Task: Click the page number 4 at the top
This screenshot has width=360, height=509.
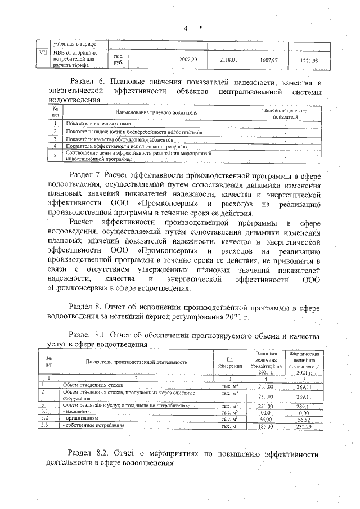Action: pyautogui.click(x=184, y=29)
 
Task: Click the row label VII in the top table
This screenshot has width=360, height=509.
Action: pyautogui.click(x=42, y=53)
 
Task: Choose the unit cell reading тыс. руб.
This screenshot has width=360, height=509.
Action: pyautogui.click(x=118, y=60)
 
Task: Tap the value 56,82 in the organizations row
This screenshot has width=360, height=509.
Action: pyautogui.click(x=304, y=420)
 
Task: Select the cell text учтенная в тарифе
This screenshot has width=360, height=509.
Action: pyautogui.click(x=74, y=44)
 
